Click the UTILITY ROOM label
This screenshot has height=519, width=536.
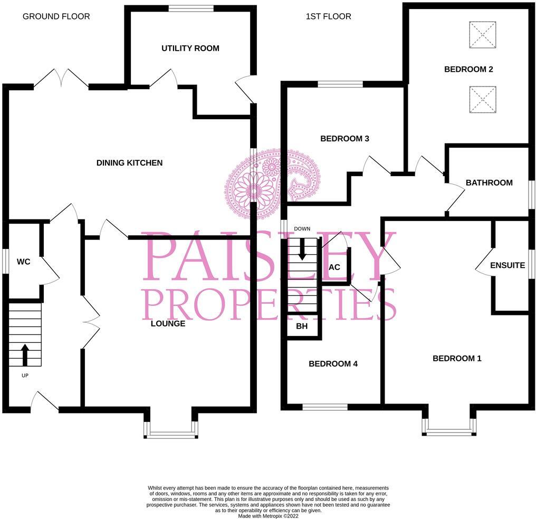point(190,49)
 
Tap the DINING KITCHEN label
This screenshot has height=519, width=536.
point(129,163)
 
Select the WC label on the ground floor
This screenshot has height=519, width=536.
point(23,262)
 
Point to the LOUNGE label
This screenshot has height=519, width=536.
point(168,324)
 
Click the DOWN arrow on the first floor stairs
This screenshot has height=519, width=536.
point(302,248)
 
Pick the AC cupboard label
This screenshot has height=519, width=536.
point(334,267)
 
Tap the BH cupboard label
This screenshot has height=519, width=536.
point(302,327)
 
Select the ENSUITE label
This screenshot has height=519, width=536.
point(508,265)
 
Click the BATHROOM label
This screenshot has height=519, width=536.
point(489,183)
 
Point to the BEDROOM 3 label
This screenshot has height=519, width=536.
point(344,139)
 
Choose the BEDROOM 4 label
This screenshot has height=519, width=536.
point(333,364)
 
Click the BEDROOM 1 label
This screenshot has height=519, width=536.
point(457,359)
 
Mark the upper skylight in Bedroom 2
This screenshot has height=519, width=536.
point(483,35)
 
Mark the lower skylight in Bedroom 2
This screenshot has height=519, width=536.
point(483,100)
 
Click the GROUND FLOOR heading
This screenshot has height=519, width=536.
point(56,16)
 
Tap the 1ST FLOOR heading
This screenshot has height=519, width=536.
point(328,16)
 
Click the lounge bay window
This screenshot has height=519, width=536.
point(171,435)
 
